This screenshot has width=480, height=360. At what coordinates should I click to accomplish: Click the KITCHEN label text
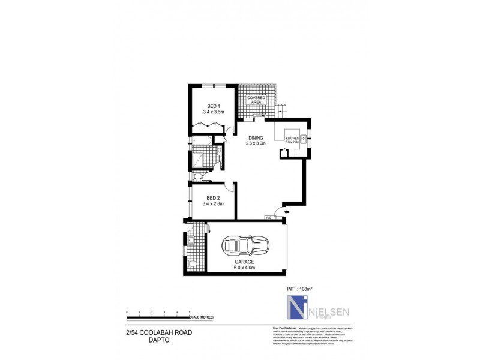point(292,139)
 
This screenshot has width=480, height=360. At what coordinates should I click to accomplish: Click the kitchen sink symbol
point(304,139)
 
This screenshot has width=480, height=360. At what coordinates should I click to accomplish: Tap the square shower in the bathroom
point(199,161)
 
